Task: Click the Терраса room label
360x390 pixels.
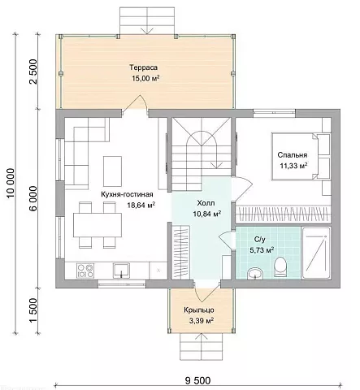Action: pyautogui.click(x=143, y=67)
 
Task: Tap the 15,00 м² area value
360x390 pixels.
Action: pyautogui.click(x=145, y=78)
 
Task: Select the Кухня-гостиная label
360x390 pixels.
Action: pyautogui.click(x=127, y=194)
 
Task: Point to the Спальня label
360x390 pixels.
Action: pyautogui.click(x=293, y=155)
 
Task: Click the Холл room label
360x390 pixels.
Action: pyautogui.click(x=206, y=203)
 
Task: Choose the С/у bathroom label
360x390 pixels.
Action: pyautogui.click(x=260, y=239)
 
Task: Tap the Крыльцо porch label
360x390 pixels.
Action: pyautogui.click(x=199, y=310)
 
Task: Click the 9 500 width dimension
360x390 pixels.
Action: pyautogui.click(x=197, y=380)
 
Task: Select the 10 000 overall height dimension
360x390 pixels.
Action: pyautogui.click(x=11, y=183)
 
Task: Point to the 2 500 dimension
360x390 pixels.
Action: pyautogui.click(x=33, y=71)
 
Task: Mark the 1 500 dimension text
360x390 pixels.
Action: pyautogui.click(x=33, y=310)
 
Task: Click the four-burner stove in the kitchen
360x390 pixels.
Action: pyautogui.click(x=85, y=271)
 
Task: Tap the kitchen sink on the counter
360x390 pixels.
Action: pyautogui.click(x=121, y=271)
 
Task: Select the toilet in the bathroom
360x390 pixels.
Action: pyautogui.click(x=280, y=266)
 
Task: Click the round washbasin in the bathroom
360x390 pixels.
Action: pyautogui.click(x=255, y=273)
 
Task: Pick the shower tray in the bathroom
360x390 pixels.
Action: pyautogui.click(x=316, y=253)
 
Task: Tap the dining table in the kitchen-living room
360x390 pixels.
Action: pyautogui.click(x=98, y=225)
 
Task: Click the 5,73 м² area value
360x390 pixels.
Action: pyautogui.click(x=262, y=249)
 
